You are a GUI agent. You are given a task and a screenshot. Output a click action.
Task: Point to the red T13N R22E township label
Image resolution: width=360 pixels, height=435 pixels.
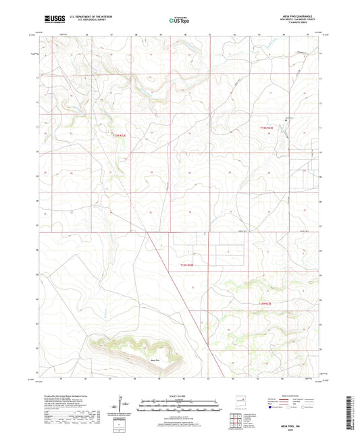click(x=120, y=136)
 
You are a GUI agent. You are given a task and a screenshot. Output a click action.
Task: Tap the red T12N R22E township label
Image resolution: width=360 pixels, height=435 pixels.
click(x=187, y=265)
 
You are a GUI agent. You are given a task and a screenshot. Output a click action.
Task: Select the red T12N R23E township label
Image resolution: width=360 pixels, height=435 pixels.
click(x=267, y=303)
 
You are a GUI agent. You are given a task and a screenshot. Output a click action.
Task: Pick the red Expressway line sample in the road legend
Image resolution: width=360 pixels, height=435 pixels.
click(x=279, y=400)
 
